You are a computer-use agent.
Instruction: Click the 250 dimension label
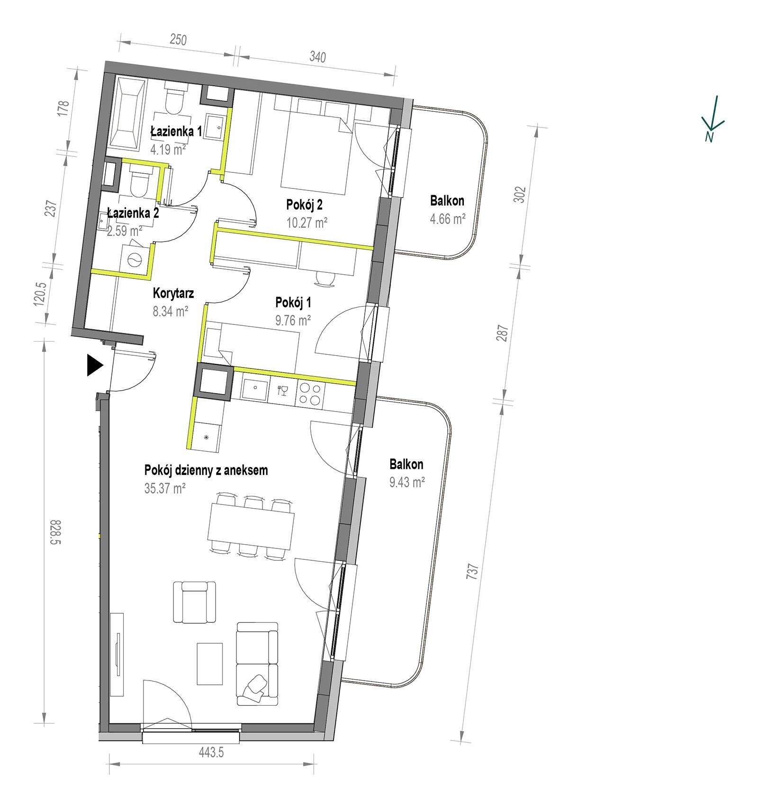click(178, 39)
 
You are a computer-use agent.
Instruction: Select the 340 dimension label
click(318, 57)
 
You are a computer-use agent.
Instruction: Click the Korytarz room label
click(173, 294)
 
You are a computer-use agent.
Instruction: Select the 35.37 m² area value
click(165, 488)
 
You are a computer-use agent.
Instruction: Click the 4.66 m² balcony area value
click(447, 218)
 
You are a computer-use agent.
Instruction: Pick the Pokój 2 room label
click(304, 205)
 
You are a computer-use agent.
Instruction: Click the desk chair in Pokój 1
click(327, 278)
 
